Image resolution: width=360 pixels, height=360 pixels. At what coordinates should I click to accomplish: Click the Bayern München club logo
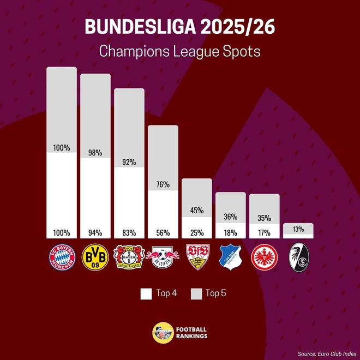coord(61,258)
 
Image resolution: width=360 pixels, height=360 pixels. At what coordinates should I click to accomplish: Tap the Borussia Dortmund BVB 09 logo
coord(95,258)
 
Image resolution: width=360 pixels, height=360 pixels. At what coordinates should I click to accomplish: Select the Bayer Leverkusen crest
coord(129,258)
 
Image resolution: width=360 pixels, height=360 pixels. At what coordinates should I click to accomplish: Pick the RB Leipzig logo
coord(163,258)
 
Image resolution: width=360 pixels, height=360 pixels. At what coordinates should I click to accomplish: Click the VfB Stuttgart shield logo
coord(196,257)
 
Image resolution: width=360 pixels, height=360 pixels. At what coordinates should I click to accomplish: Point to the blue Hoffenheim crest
coord(230,257)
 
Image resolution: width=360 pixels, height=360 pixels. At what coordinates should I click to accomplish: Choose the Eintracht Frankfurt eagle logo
coord(264,258)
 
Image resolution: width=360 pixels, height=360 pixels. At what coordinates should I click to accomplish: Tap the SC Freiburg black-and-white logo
coord(298,257)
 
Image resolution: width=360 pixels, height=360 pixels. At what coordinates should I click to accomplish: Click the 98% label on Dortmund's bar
coord(95,153)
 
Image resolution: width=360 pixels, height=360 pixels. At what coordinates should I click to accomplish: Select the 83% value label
coord(129,233)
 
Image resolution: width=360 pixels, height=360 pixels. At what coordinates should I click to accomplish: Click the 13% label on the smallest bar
coord(298,228)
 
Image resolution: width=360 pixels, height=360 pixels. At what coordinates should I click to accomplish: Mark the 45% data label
coord(196,210)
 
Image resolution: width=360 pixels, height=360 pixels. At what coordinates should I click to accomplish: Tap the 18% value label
coord(230,233)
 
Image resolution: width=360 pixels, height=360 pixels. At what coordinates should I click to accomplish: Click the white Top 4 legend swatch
coord(146,293)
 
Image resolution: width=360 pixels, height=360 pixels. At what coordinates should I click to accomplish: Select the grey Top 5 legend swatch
coord(196,293)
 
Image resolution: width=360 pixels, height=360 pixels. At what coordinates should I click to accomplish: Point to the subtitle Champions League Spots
coord(180,52)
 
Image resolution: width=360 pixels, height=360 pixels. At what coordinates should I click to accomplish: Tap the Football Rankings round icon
coord(162,332)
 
